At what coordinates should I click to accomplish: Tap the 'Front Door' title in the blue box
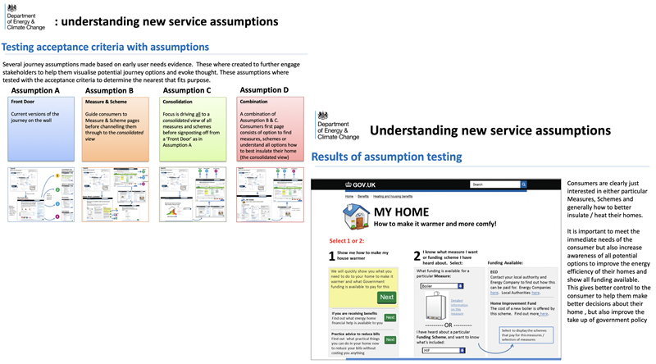pos(23,102)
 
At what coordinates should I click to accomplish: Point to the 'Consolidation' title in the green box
pos(178,102)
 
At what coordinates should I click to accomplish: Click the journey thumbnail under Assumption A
pos(39,194)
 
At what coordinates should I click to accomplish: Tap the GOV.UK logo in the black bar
pos(367,185)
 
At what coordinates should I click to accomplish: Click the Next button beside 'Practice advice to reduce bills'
pos(390,339)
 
